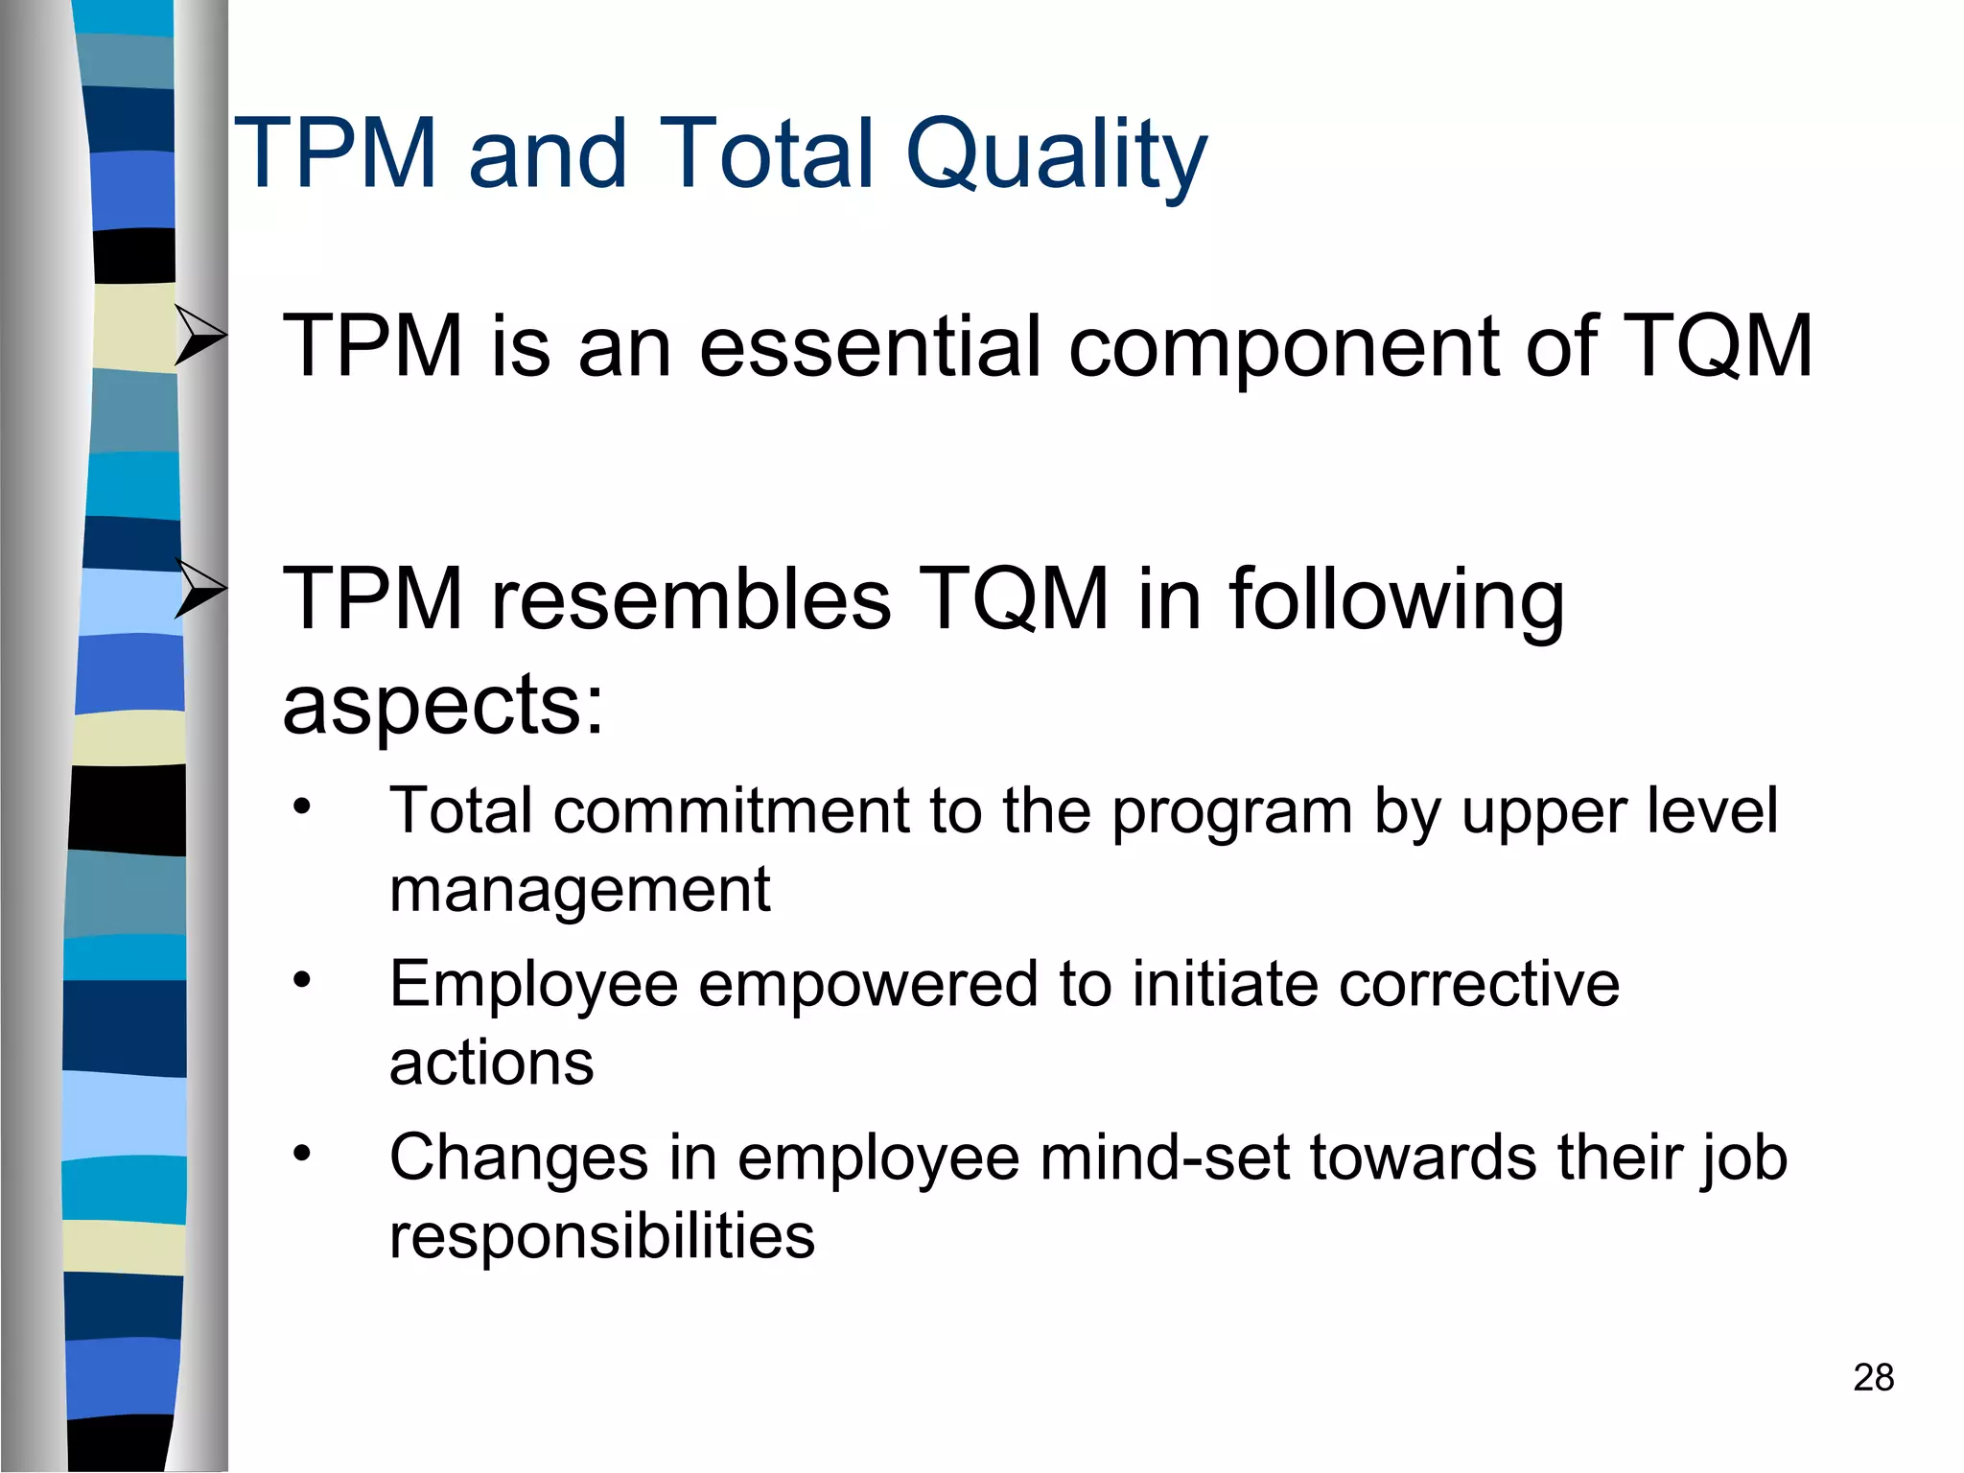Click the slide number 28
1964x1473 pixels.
pyautogui.click(x=1873, y=1377)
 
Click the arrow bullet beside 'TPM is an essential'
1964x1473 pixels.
pyautogui.click(x=200, y=335)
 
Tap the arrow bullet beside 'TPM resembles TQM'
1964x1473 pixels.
pyautogui.click(x=200, y=587)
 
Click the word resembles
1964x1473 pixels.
pyautogui.click(x=690, y=598)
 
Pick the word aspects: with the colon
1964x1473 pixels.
pyautogui.click(x=443, y=705)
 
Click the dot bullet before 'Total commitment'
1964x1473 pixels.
pyautogui.click(x=303, y=806)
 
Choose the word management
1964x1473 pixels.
pyautogui.click(x=579, y=890)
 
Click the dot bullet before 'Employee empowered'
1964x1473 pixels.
pyautogui.click(x=303, y=979)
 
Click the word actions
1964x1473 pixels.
pyautogui.click(x=491, y=1063)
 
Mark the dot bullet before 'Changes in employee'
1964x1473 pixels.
pyautogui.click(x=303, y=1152)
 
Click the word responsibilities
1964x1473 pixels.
pyautogui.click(x=601, y=1237)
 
